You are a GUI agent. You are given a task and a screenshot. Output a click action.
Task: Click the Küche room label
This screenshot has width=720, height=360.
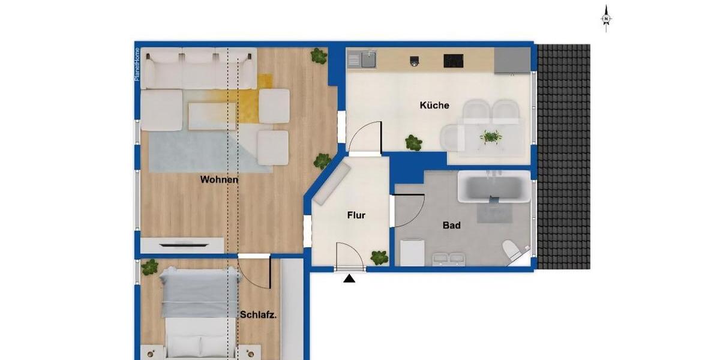coord(434,106)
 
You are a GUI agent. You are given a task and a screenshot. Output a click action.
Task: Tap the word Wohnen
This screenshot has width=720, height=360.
coord(219,179)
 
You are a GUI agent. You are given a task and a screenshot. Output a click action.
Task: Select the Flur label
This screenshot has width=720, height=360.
coord(356,215)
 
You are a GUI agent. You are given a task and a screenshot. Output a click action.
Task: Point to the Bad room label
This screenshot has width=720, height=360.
coord(452,226)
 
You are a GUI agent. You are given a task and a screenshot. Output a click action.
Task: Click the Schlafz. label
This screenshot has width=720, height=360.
coord(258,314)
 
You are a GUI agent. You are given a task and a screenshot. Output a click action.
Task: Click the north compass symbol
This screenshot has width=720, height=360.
coord(606,18)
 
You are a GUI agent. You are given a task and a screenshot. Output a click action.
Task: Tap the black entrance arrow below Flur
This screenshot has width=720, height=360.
coord(350,278)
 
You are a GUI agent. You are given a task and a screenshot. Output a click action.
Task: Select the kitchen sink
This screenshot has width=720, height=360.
coord(362,59)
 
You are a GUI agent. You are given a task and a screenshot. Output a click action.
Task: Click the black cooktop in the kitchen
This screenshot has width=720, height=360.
coord(453,61)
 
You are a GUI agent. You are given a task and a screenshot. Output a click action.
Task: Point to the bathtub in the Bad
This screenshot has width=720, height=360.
coord(494,186)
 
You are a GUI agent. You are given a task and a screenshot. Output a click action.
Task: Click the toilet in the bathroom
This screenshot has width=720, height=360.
coord(512,251)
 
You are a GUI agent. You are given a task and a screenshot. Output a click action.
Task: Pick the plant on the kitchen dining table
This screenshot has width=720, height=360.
coord(491,137)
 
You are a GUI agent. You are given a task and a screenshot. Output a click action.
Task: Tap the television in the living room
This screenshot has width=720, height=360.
coord(182,244)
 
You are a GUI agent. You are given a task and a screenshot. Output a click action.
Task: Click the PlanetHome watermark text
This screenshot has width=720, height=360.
coord(137,64)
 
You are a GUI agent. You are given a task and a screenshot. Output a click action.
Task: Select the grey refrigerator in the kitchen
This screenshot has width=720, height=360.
coord(512,60)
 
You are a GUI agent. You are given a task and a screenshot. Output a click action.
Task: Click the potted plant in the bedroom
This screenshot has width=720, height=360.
coord(149,267)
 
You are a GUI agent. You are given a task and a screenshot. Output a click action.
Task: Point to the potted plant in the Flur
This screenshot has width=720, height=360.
coord(379,257)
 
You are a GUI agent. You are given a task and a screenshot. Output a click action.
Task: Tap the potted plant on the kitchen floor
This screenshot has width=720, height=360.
coord(413,143)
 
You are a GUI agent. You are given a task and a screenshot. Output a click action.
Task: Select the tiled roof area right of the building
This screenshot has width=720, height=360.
coord(563,156)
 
